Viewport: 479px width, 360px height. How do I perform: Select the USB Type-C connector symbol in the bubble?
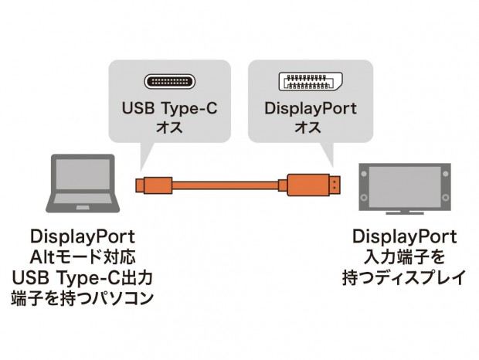point(169,80)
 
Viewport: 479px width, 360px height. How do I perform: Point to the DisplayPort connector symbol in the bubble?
point(311,81)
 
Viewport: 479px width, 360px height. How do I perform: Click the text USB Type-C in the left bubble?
point(169,108)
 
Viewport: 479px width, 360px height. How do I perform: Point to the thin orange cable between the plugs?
point(224,187)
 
